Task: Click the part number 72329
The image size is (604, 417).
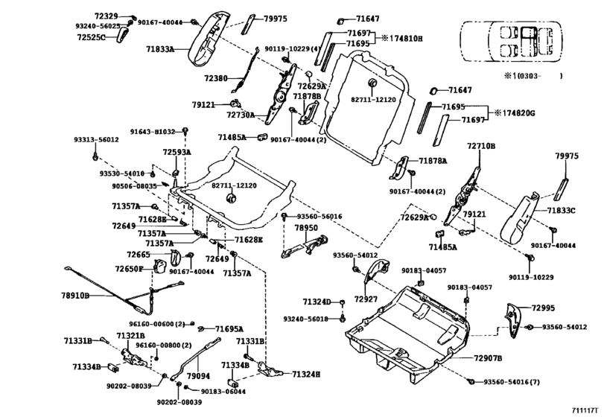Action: (105, 16)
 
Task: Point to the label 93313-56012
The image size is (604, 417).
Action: (95, 140)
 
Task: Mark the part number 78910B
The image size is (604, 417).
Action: (74, 296)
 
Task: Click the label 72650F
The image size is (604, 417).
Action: (129, 269)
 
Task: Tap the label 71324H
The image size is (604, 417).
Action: (305, 374)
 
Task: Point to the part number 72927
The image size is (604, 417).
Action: (366, 299)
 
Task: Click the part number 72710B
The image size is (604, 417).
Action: (480, 147)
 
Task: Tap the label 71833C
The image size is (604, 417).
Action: (562, 211)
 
